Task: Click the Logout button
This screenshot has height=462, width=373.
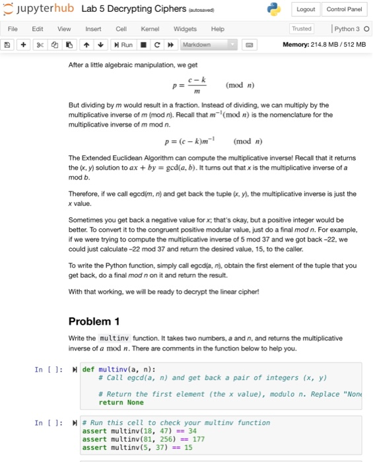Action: point(305,9)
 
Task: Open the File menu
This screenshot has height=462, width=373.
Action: point(13,29)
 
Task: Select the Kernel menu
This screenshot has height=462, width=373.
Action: point(150,29)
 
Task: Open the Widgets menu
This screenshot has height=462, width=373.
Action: point(184,29)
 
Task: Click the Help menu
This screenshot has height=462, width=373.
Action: point(217,29)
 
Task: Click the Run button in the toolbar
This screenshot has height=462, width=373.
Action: point(123,44)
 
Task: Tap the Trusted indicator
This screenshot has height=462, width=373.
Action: point(302,29)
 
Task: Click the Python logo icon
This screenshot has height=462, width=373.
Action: point(274,9)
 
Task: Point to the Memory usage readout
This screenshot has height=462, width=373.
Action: point(323,44)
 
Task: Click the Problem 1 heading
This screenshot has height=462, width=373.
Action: point(94,321)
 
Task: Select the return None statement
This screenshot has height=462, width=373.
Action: point(121,403)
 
